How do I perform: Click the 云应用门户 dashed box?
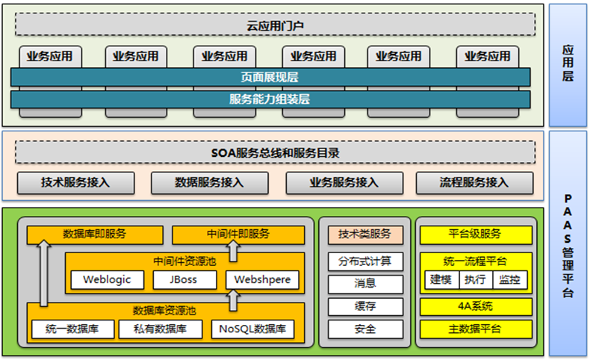(276, 25)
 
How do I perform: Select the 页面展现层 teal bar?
(270, 77)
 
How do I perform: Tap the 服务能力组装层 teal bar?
(270, 99)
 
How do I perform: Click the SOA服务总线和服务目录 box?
(276, 153)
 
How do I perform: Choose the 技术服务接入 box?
(75, 182)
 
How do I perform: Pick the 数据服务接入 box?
(209, 182)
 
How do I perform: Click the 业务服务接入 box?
(344, 182)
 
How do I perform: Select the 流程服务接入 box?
(474, 182)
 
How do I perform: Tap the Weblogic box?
(108, 280)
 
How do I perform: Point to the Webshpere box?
(262, 280)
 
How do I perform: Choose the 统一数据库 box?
(74, 329)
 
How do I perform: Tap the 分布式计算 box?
(365, 261)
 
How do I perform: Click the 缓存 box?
(365, 306)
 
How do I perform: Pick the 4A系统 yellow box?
(476, 306)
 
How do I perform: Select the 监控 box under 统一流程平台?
(511, 280)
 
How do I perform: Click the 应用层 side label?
(568, 64)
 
